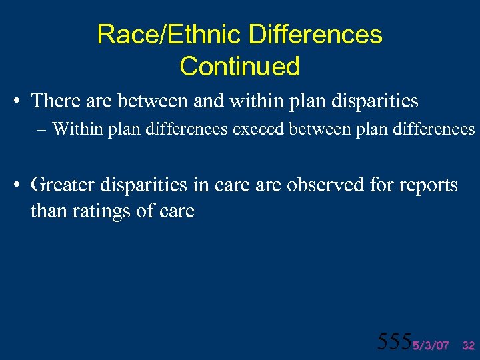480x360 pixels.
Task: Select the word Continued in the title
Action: (x=239, y=66)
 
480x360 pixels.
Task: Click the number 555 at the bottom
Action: (x=394, y=341)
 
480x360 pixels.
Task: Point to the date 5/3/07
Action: (x=431, y=345)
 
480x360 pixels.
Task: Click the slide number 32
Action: (x=468, y=345)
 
